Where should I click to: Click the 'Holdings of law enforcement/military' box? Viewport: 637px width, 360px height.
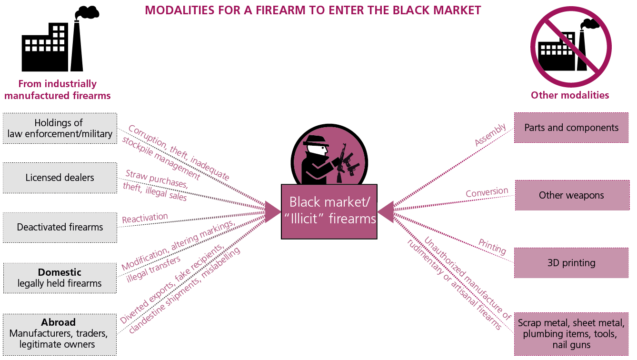pos(60,128)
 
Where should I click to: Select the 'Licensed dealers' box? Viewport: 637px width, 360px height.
pos(60,178)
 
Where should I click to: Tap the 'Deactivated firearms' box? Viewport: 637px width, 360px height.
pos(60,227)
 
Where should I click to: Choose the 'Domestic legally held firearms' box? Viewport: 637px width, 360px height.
pos(60,278)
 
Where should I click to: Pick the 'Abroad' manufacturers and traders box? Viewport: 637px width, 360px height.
pos(60,333)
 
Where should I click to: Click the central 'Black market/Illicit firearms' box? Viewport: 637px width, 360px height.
pos(329,211)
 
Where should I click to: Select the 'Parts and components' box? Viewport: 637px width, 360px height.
pos(571,128)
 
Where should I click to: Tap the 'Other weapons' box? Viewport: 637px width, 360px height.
pos(571,195)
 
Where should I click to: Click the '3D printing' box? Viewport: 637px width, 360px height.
pos(571,263)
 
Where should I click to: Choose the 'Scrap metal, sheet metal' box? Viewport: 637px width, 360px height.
pos(571,334)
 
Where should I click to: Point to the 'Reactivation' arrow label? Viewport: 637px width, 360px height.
pos(145,218)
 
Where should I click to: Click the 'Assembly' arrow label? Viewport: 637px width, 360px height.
pos(490,135)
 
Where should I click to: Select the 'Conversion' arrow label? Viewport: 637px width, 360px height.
pos(487,192)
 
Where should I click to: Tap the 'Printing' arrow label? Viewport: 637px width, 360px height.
pos(492,248)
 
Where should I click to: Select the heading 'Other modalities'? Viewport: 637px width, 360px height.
pos(570,95)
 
